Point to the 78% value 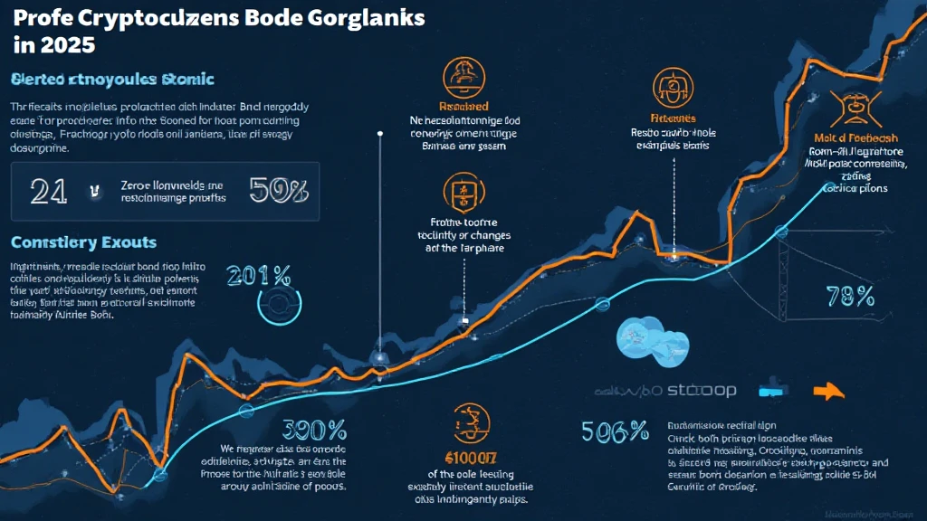point(850,295)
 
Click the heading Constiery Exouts point(84,242)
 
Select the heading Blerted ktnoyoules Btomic point(112,80)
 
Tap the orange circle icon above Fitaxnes point(671,88)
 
